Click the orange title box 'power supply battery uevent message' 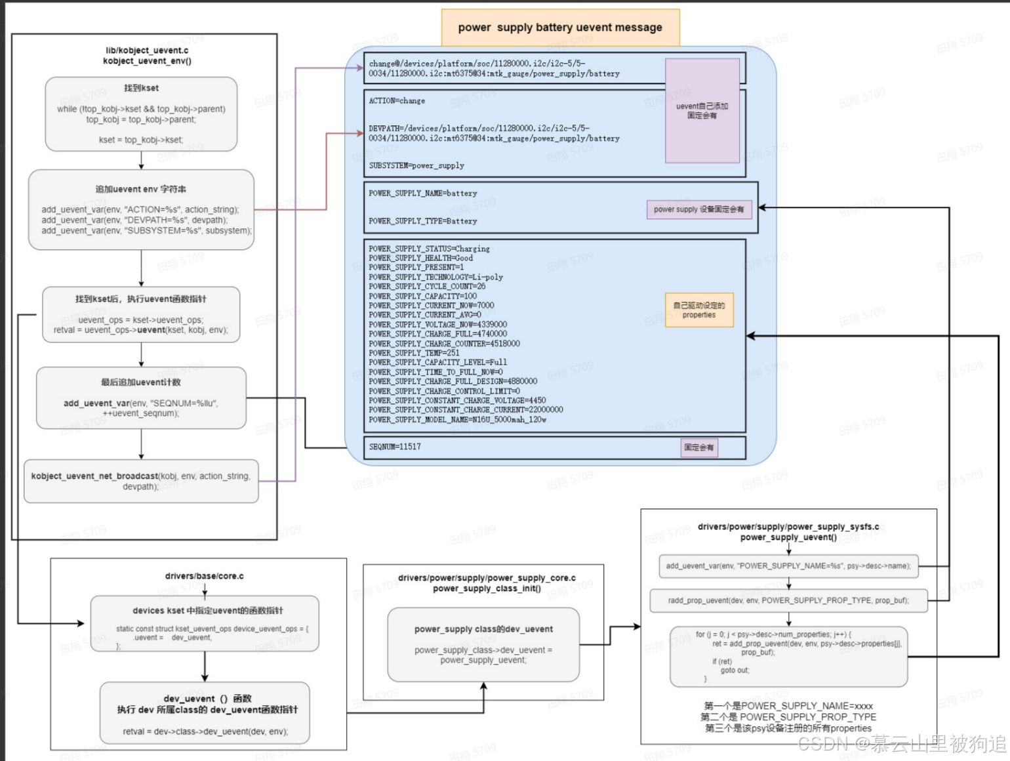coord(560,28)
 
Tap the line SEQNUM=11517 coord(395,447)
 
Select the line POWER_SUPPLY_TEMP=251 coord(414,353)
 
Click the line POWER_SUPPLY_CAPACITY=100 coord(422,296)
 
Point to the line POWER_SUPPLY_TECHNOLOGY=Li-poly coord(435,277)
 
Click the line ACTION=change coord(397,101)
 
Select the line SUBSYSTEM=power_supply coord(416,165)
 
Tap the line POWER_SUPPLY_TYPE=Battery coord(422,221)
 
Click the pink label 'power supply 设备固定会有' coord(698,209)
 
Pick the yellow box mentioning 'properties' coord(699,310)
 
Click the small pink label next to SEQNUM coord(698,447)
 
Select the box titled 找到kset coord(141,114)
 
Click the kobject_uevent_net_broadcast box coord(141,482)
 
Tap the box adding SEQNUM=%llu coord(141,398)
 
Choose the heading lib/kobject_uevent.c coord(147,51)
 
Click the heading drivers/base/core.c coord(204,576)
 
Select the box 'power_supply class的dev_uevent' coord(483,644)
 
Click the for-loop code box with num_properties coord(788,655)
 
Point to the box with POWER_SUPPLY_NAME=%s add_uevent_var coord(788,566)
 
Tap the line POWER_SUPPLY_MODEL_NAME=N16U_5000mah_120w coord(457,420)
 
